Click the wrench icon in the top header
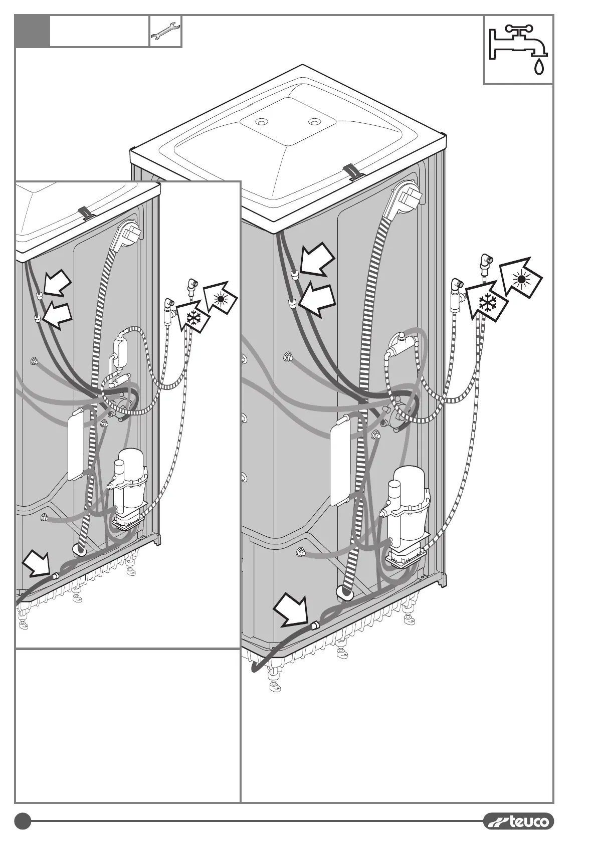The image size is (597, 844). (x=165, y=31)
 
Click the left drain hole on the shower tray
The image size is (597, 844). (x=261, y=122)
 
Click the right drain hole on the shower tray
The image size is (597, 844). (x=314, y=121)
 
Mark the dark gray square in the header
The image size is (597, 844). (x=33, y=31)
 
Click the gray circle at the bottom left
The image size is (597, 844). (x=23, y=821)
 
